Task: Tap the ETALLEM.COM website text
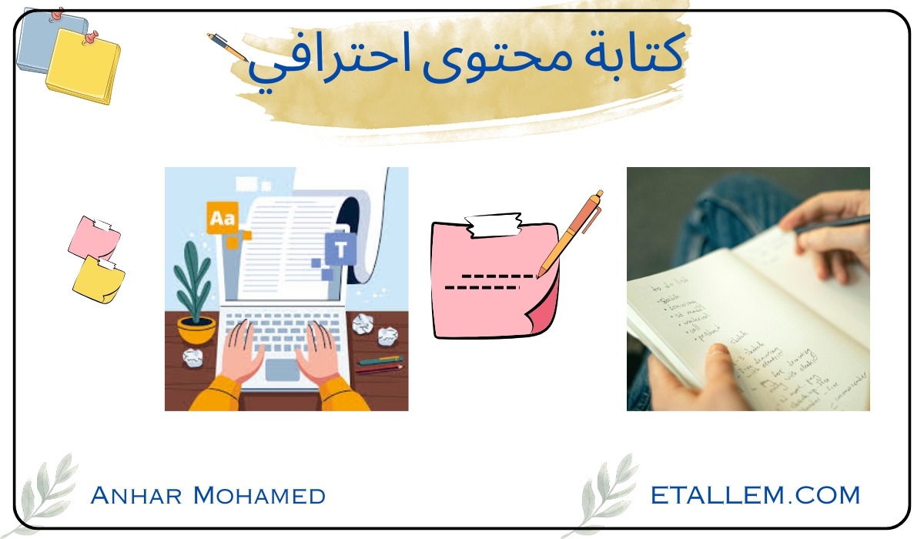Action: pyautogui.click(x=755, y=494)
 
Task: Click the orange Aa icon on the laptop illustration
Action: pyautogui.click(x=223, y=219)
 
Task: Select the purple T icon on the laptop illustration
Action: pyautogui.click(x=340, y=248)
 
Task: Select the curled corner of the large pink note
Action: pyautogui.click(x=544, y=316)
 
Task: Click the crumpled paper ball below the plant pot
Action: pyautogui.click(x=192, y=357)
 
